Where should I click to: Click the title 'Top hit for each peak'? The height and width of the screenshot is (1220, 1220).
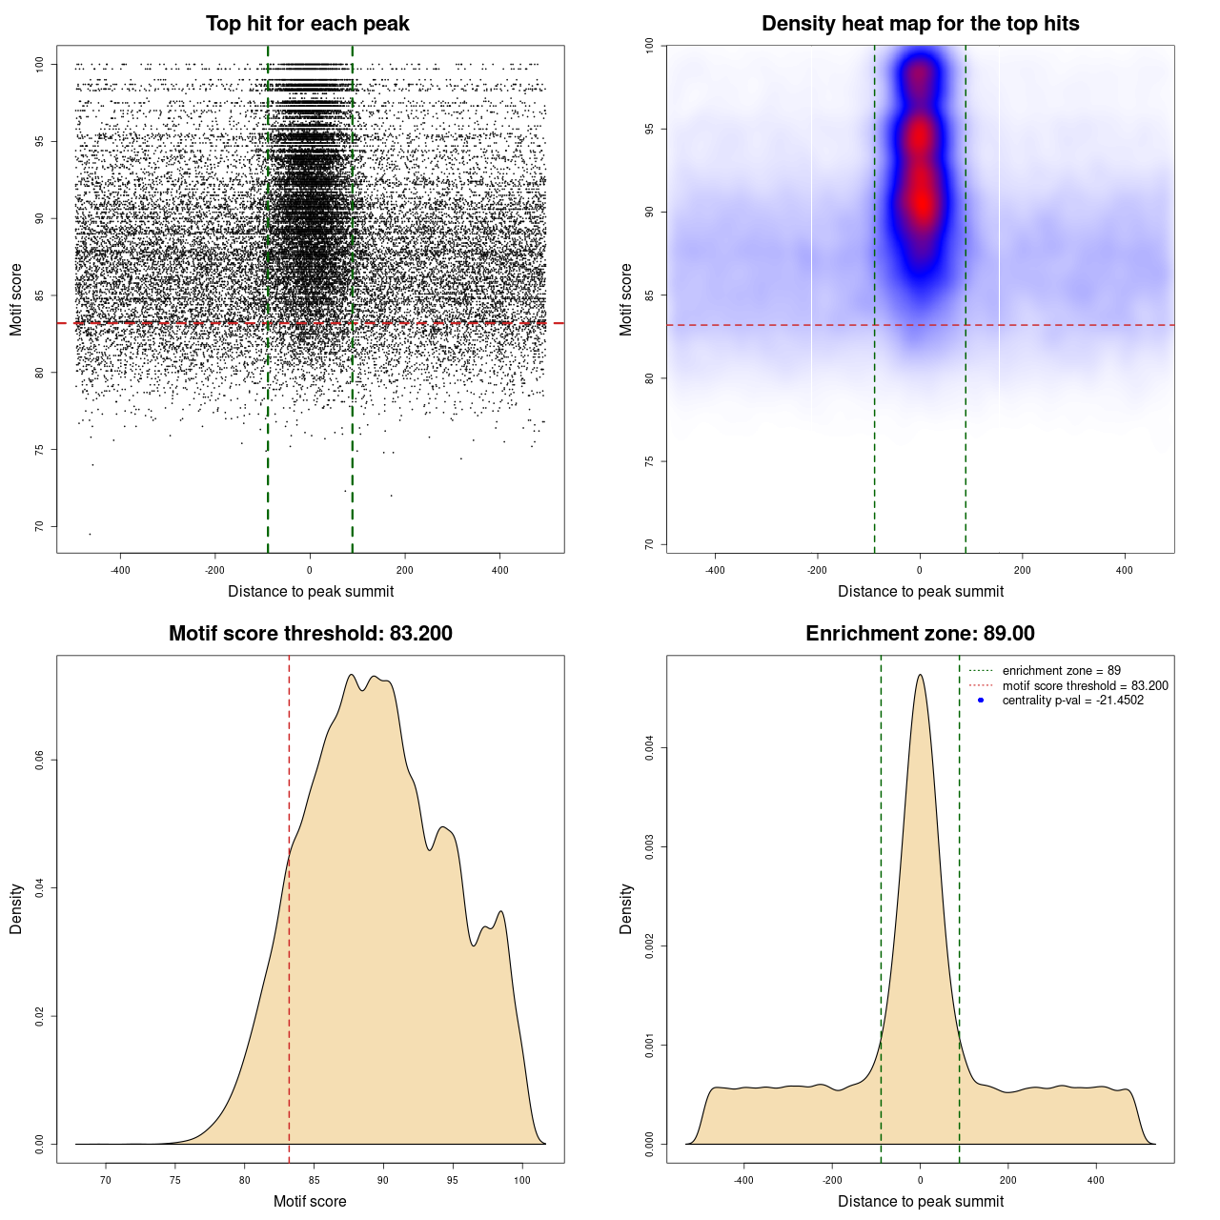point(307,24)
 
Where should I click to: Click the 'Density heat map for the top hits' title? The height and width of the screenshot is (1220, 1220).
point(920,24)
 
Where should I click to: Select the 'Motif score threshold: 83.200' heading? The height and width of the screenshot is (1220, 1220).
point(310,634)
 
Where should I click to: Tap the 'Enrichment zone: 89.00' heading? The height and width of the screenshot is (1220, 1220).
point(920,634)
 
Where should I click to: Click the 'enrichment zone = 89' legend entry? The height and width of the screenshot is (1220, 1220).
point(1061,671)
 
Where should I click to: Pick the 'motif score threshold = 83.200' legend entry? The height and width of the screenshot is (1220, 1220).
point(1085,686)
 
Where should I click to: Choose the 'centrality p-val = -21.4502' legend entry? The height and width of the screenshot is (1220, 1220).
point(1072,701)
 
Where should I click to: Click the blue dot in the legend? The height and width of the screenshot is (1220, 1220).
point(981,701)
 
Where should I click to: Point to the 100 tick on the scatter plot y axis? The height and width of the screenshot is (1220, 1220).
point(40,64)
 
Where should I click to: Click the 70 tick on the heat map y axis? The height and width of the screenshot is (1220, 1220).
point(650,544)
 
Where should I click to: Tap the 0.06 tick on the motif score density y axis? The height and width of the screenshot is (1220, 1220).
point(40,760)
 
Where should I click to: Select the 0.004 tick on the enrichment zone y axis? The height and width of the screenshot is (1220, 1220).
point(650,748)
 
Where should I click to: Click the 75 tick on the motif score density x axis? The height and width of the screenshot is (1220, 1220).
point(175,1180)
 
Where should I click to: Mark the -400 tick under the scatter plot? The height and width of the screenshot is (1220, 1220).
point(120,571)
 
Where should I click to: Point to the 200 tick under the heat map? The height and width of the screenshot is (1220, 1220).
point(1023,571)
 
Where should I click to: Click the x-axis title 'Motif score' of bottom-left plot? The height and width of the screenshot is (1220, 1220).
point(310,1201)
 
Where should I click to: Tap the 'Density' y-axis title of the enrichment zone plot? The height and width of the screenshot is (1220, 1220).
point(626,908)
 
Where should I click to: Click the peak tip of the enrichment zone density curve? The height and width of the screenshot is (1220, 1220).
point(920,675)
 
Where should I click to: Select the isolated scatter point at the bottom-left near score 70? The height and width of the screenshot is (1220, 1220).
point(90,534)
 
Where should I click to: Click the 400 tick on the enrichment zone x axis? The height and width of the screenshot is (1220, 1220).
point(1096,1180)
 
